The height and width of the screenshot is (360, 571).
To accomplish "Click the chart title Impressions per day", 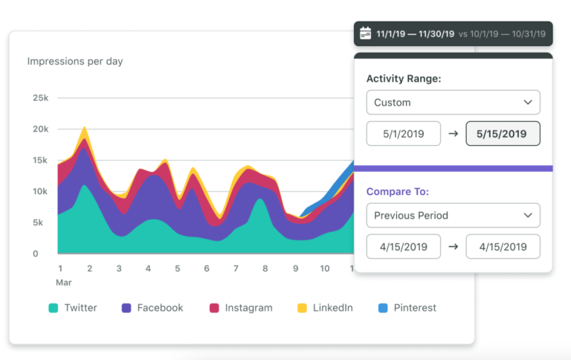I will click(x=75, y=62).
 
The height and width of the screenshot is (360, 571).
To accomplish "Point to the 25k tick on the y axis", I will click(x=40, y=97).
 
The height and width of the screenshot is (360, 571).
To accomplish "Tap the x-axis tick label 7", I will click(x=236, y=269).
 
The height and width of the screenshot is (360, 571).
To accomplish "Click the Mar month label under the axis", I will click(x=65, y=283).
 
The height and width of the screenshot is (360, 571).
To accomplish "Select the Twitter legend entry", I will click(x=73, y=308).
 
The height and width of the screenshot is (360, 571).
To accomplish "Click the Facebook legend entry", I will click(x=152, y=308).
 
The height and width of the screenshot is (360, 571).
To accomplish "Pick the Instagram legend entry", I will click(x=241, y=308).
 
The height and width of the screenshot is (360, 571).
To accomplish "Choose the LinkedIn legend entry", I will click(x=324, y=308).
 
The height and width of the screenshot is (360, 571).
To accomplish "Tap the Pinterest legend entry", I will click(x=407, y=308).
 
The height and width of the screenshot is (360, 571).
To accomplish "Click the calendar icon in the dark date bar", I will click(x=365, y=33).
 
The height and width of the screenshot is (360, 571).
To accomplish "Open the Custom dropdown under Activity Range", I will click(x=453, y=103).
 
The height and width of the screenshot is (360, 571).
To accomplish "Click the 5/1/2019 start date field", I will click(x=403, y=134).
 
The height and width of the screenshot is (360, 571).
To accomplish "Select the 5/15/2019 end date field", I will click(x=503, y=134).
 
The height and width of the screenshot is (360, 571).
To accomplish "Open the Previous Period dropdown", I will click(x=453, y=216).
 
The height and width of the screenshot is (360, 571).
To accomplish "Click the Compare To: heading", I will click(x=397, y=192).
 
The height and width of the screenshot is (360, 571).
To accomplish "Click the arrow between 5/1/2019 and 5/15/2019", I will click(x=453, y=134).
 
